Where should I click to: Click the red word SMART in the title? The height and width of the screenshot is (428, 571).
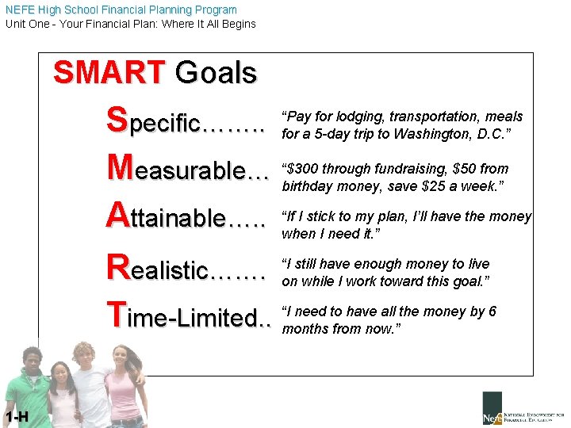tap(108, 73)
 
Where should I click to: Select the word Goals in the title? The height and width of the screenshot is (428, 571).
tap(216, 73)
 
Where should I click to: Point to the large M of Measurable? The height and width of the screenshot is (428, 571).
tap(120, 168)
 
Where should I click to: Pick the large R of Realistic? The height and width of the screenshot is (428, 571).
tap(117, 267)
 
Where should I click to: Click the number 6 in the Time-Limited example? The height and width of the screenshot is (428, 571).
tap(492, 311)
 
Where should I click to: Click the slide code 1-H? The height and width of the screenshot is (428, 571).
tap(15, 417)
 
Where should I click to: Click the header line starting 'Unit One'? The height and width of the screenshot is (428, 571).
tap(131, 24)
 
